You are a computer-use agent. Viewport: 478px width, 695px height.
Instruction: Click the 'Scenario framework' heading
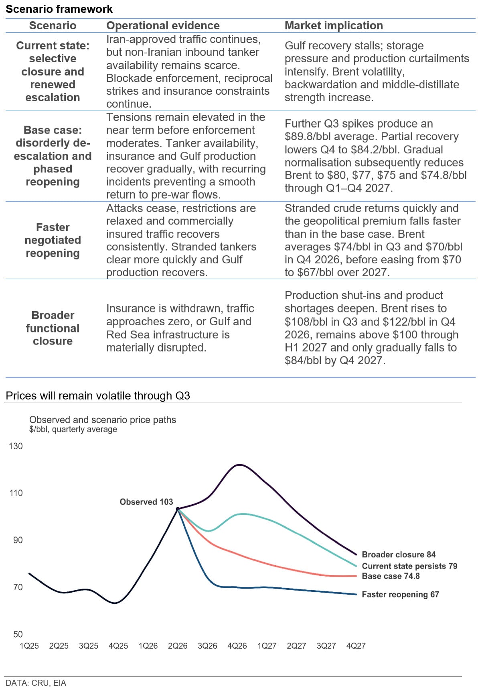59,9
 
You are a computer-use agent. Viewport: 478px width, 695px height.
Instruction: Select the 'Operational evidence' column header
163,26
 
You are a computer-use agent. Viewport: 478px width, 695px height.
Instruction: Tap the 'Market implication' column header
334,26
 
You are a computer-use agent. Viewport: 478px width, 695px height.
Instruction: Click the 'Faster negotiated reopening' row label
53,240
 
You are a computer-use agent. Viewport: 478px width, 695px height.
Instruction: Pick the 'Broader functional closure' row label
53,328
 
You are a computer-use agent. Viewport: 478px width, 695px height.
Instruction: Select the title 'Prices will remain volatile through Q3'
98,395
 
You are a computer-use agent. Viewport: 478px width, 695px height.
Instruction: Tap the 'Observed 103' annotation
146,501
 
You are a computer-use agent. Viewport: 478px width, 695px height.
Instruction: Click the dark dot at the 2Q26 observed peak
178,509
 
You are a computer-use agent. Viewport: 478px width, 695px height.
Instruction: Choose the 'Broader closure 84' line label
399,554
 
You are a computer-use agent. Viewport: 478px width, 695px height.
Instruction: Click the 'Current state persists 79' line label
409,566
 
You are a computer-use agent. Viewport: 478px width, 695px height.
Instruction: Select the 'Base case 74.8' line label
391,576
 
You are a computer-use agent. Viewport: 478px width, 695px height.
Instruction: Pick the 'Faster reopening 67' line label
400,594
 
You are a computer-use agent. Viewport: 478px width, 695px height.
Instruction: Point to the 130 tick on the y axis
16,446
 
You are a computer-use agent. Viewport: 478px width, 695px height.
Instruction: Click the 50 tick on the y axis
18,634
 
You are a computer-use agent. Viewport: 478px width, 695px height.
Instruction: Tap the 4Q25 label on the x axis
118,646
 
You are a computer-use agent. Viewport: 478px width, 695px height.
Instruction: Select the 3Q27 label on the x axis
326,646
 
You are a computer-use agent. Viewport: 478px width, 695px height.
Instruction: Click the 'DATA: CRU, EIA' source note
36,683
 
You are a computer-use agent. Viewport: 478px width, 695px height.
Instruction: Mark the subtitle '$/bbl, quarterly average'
73,429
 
